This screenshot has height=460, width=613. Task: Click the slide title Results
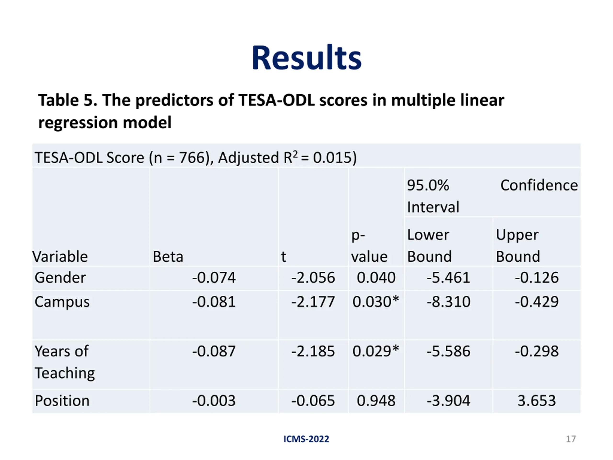click(306, 58)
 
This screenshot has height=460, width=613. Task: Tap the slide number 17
click(571, 439)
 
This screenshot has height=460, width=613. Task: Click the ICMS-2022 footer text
click(306, 439)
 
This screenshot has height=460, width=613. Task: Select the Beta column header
click(168, 257)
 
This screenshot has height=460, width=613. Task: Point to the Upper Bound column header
click(517, 246)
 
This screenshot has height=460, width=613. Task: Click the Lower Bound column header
click(429, 246)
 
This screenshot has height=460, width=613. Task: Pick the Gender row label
click(60, 277)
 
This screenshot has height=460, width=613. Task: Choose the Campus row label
click(62, 302)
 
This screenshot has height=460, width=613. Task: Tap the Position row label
click(62, 401)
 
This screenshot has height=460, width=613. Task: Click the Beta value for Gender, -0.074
click(214, 277)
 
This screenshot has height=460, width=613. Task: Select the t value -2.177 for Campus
click(313, 302)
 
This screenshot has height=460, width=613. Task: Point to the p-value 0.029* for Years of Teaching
click(375, 351)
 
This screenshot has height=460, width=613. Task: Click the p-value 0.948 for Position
click(376, 401)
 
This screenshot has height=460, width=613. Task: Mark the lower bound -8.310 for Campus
click(448, 302)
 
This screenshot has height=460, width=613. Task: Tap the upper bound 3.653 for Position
click(537, 401)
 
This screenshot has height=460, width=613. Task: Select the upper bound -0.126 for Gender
click(537, 277)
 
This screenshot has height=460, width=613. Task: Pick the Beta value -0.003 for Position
click(214, 401)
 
